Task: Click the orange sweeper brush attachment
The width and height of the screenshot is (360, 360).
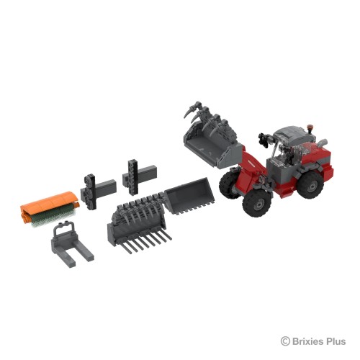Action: [x=49, y=207]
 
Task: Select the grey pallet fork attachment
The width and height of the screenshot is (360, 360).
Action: [x=71, y=247]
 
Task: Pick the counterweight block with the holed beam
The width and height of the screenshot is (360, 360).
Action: [x=139, y=176]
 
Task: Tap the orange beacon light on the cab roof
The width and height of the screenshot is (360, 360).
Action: [x=310, y=127]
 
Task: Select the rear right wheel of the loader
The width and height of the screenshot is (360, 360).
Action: [x=310, y=184]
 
